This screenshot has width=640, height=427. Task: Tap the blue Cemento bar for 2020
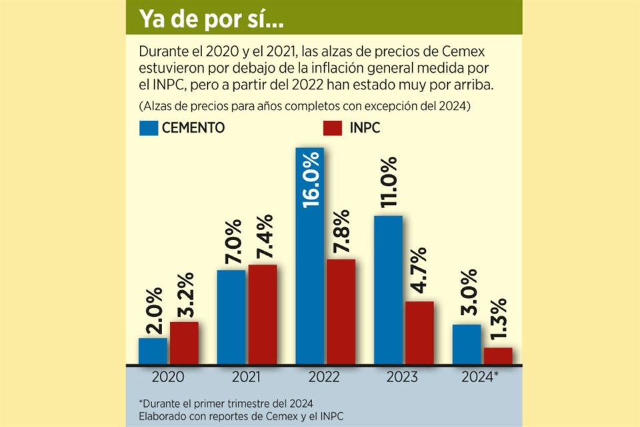[153, 352]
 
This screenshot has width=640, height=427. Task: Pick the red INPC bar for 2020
[183, 344]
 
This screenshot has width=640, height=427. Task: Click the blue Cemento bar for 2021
[231, 318]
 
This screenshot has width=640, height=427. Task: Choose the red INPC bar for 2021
[262, 315]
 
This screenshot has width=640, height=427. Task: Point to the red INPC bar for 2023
[419, 333]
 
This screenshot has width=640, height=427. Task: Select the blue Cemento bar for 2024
[467, 345]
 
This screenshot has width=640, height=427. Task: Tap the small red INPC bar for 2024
[498, 356]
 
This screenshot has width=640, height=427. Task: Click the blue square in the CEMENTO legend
[149, 128]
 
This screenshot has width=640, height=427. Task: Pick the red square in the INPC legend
[331, 128]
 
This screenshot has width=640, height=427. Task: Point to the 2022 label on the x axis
[325, 378]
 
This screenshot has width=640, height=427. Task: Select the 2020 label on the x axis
[168, 378]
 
